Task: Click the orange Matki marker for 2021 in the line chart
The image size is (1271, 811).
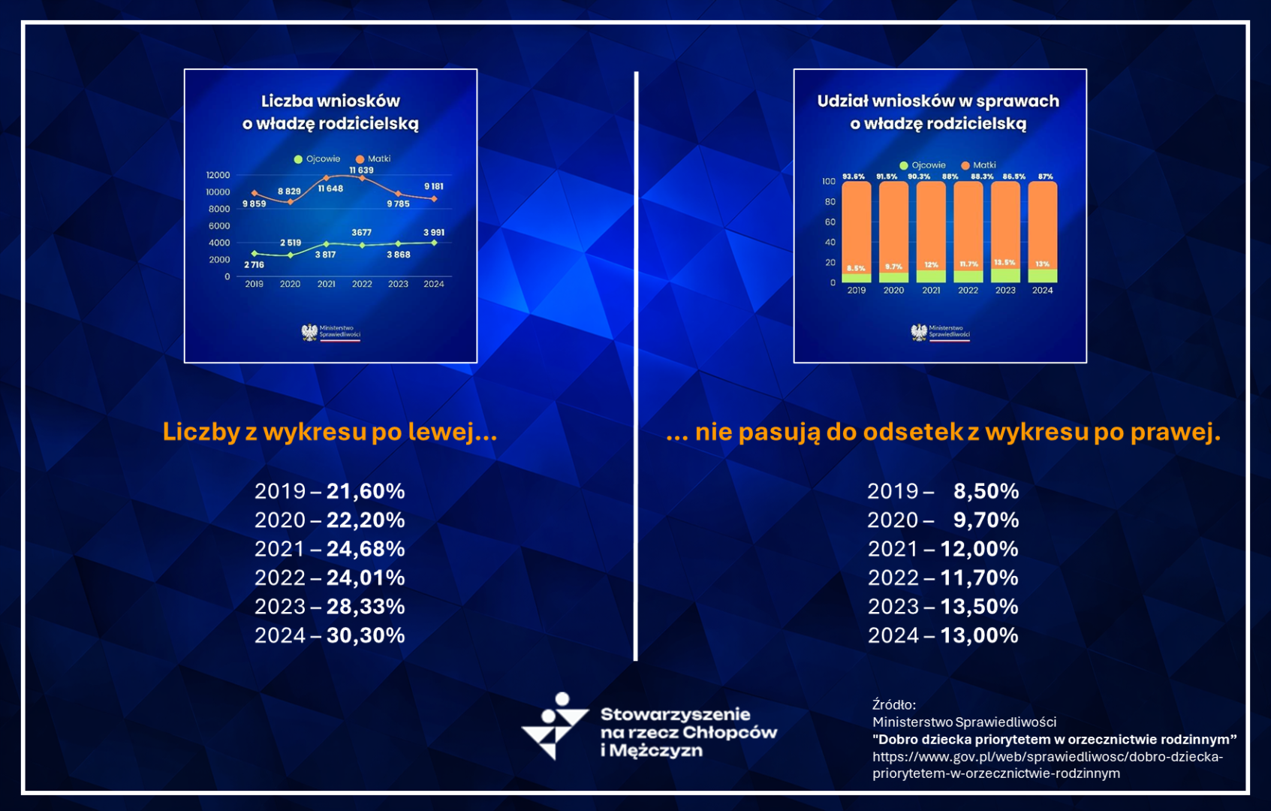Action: pyautogui.click(x=326, y=178)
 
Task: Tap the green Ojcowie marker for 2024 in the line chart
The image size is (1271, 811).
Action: pyautogui.click(x=434, y=243)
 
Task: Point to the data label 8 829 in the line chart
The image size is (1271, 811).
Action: pyautogui.click(x=289, y=191)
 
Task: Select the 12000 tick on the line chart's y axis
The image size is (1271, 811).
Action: pyautogui.click(x=218, y=175)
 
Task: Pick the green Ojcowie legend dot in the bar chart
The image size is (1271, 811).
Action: pyautogui.click(x=904, y=165)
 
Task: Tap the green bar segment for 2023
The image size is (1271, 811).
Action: pyautogui.click(x=1005, y=276)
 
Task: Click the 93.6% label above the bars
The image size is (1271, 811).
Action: pyautogui.click(x=854, y=176)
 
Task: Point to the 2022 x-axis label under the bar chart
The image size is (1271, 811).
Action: pyautogui.click(x=968, y=291)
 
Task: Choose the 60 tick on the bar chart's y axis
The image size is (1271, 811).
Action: pyautogui.click(x=830, y=222)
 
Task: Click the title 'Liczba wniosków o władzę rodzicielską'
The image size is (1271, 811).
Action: pyautogui.click(x=330, y=112)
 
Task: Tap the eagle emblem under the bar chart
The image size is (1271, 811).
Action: pyautogui.click(x=918, y=332)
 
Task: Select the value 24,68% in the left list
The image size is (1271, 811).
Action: pyautogui.click(x=366, y=549)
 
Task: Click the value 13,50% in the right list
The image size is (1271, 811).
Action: pyautogui.click(x=979, y=607)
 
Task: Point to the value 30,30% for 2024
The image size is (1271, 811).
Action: pyautogui.click(x=366, y=635)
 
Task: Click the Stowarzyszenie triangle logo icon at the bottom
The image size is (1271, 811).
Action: pyautogui.click(x=555, y=726)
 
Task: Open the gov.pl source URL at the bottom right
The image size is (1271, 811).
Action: pyautogui.click(x=1047, y=764)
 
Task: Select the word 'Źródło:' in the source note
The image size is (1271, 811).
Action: pyautogui.click(x=894, y=704)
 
